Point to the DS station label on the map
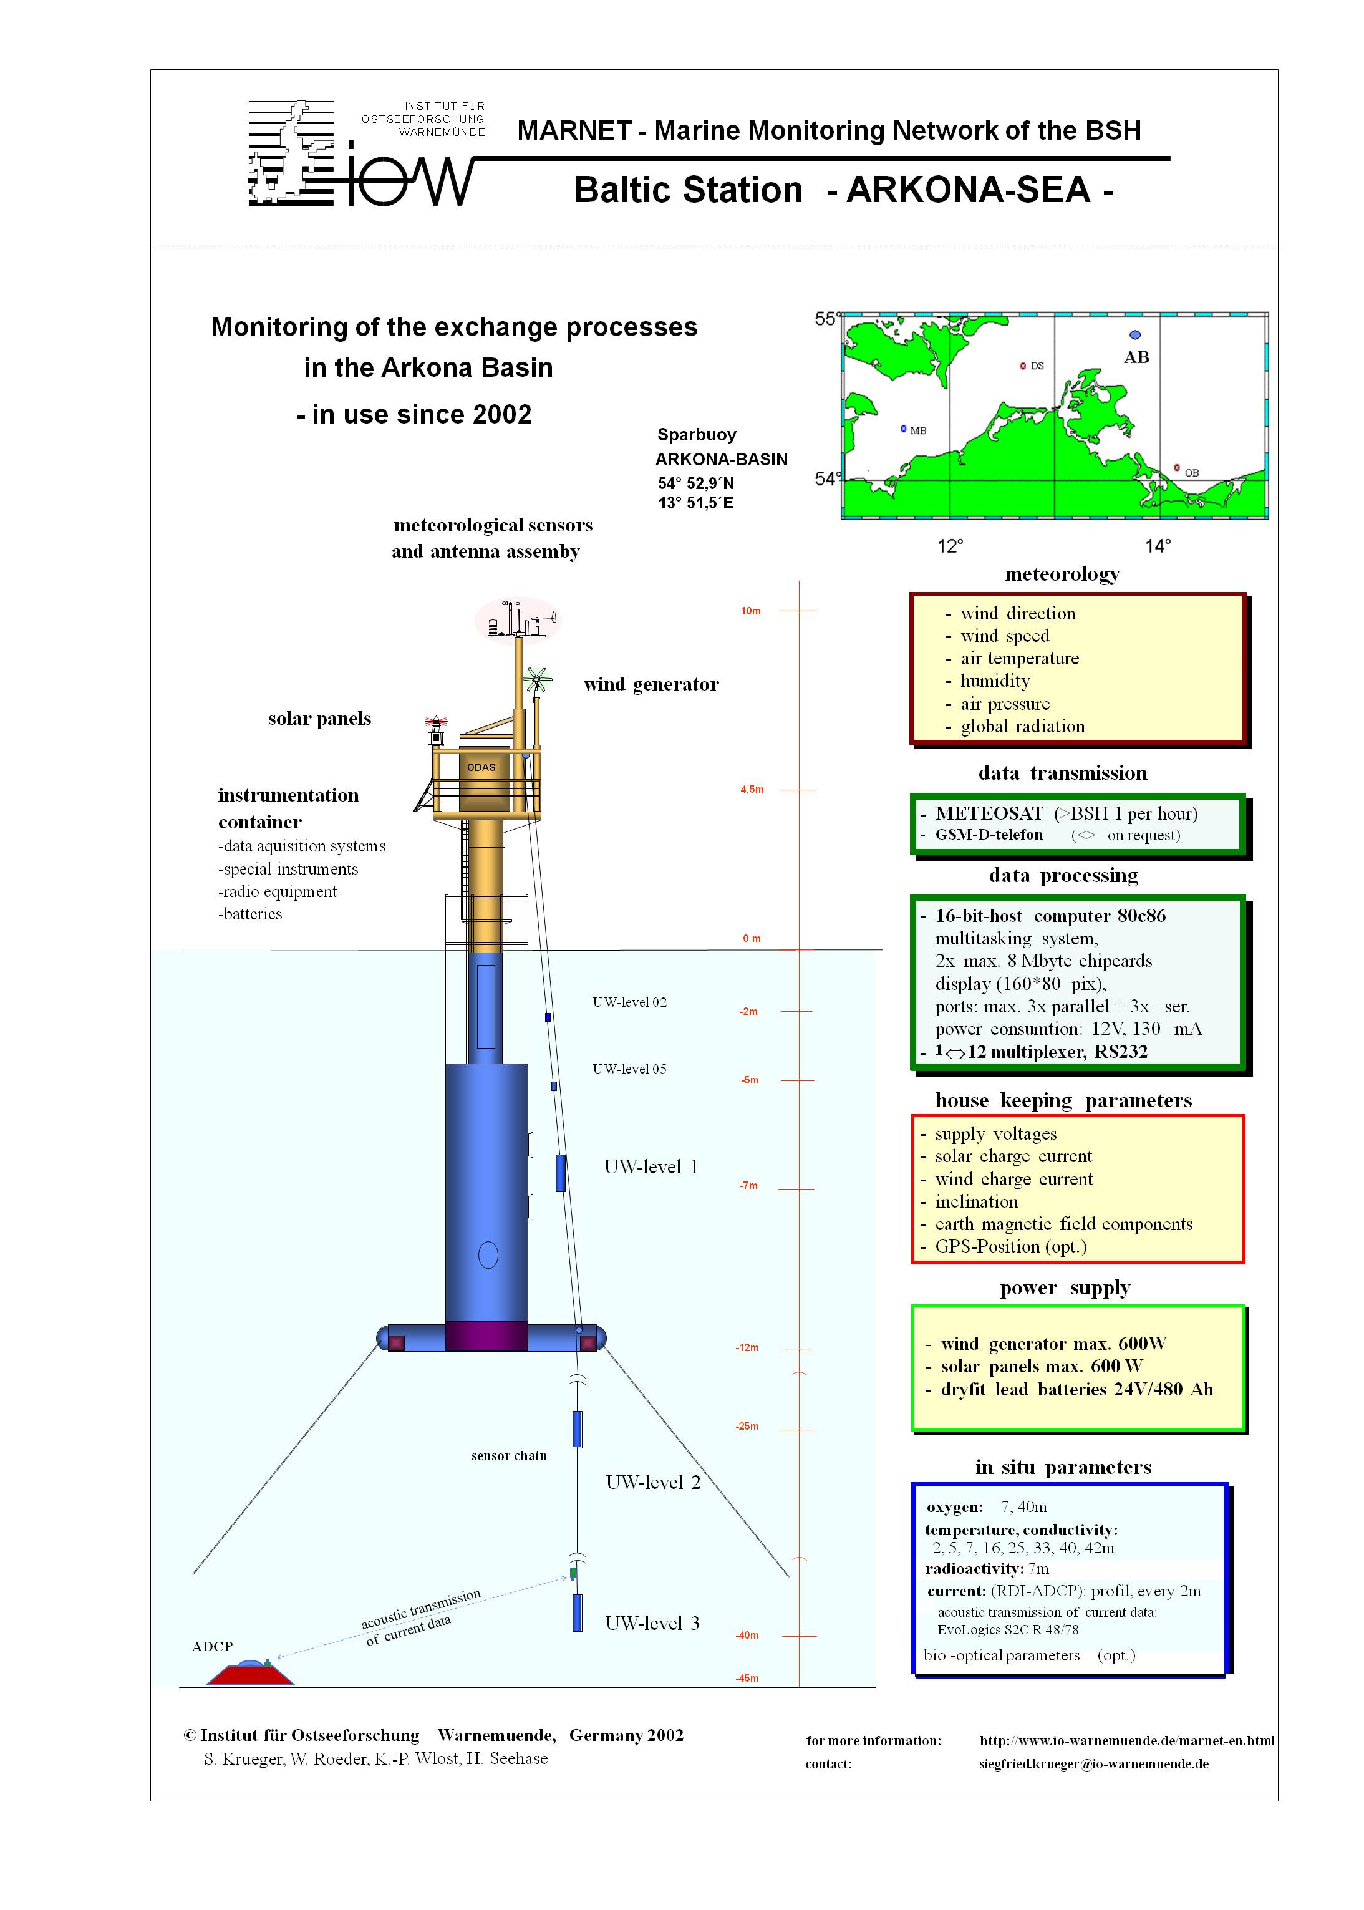click(x=1037, y=366)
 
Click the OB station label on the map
click(x=1191, y=473)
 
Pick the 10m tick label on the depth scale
click(x=750, y=611)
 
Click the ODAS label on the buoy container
click(x=481, y=767)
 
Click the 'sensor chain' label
click(x=508, y=1456)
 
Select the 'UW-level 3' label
click(x=652, y=1622)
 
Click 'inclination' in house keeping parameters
click(x=976, y=1202)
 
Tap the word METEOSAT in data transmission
click(x=989, y=813)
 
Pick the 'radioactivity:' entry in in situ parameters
click(x=974, y=1568)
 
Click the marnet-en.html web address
click(x=1126, y=1740)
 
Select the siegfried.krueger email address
click(x=1093, y=1764)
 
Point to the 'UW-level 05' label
click(x=629, y=1069)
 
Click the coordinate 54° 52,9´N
click(x=695, y=483)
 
